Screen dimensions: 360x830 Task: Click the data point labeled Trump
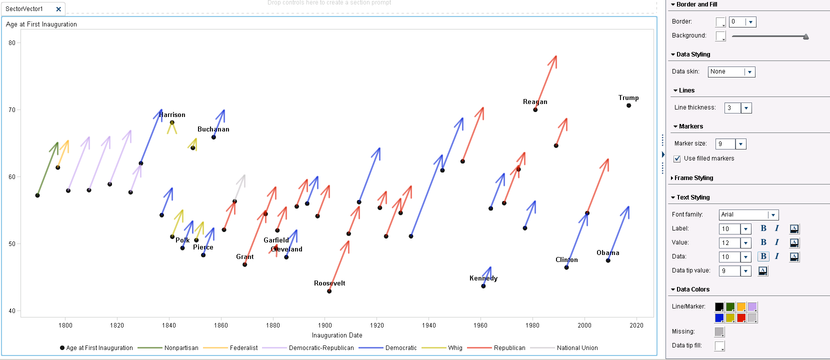coord(628,105)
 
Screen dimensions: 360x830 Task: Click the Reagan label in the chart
coord(535,102)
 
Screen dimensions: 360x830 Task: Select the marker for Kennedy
coord(483,286)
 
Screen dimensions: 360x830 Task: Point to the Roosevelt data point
coord(329,291)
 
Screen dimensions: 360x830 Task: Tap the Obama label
coord(607,253)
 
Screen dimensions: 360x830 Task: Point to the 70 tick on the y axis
coord(12,110)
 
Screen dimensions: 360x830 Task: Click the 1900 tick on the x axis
coord(325,325)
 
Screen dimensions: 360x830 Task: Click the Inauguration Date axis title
coord(337,335)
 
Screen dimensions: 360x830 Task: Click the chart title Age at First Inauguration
coord(41,24)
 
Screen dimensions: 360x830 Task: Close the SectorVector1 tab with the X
coord(58,9)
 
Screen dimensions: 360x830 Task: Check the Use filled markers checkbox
coord(677,159)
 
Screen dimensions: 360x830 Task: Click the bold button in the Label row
coord(763,228)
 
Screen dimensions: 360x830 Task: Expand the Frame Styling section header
coord(693,178)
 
